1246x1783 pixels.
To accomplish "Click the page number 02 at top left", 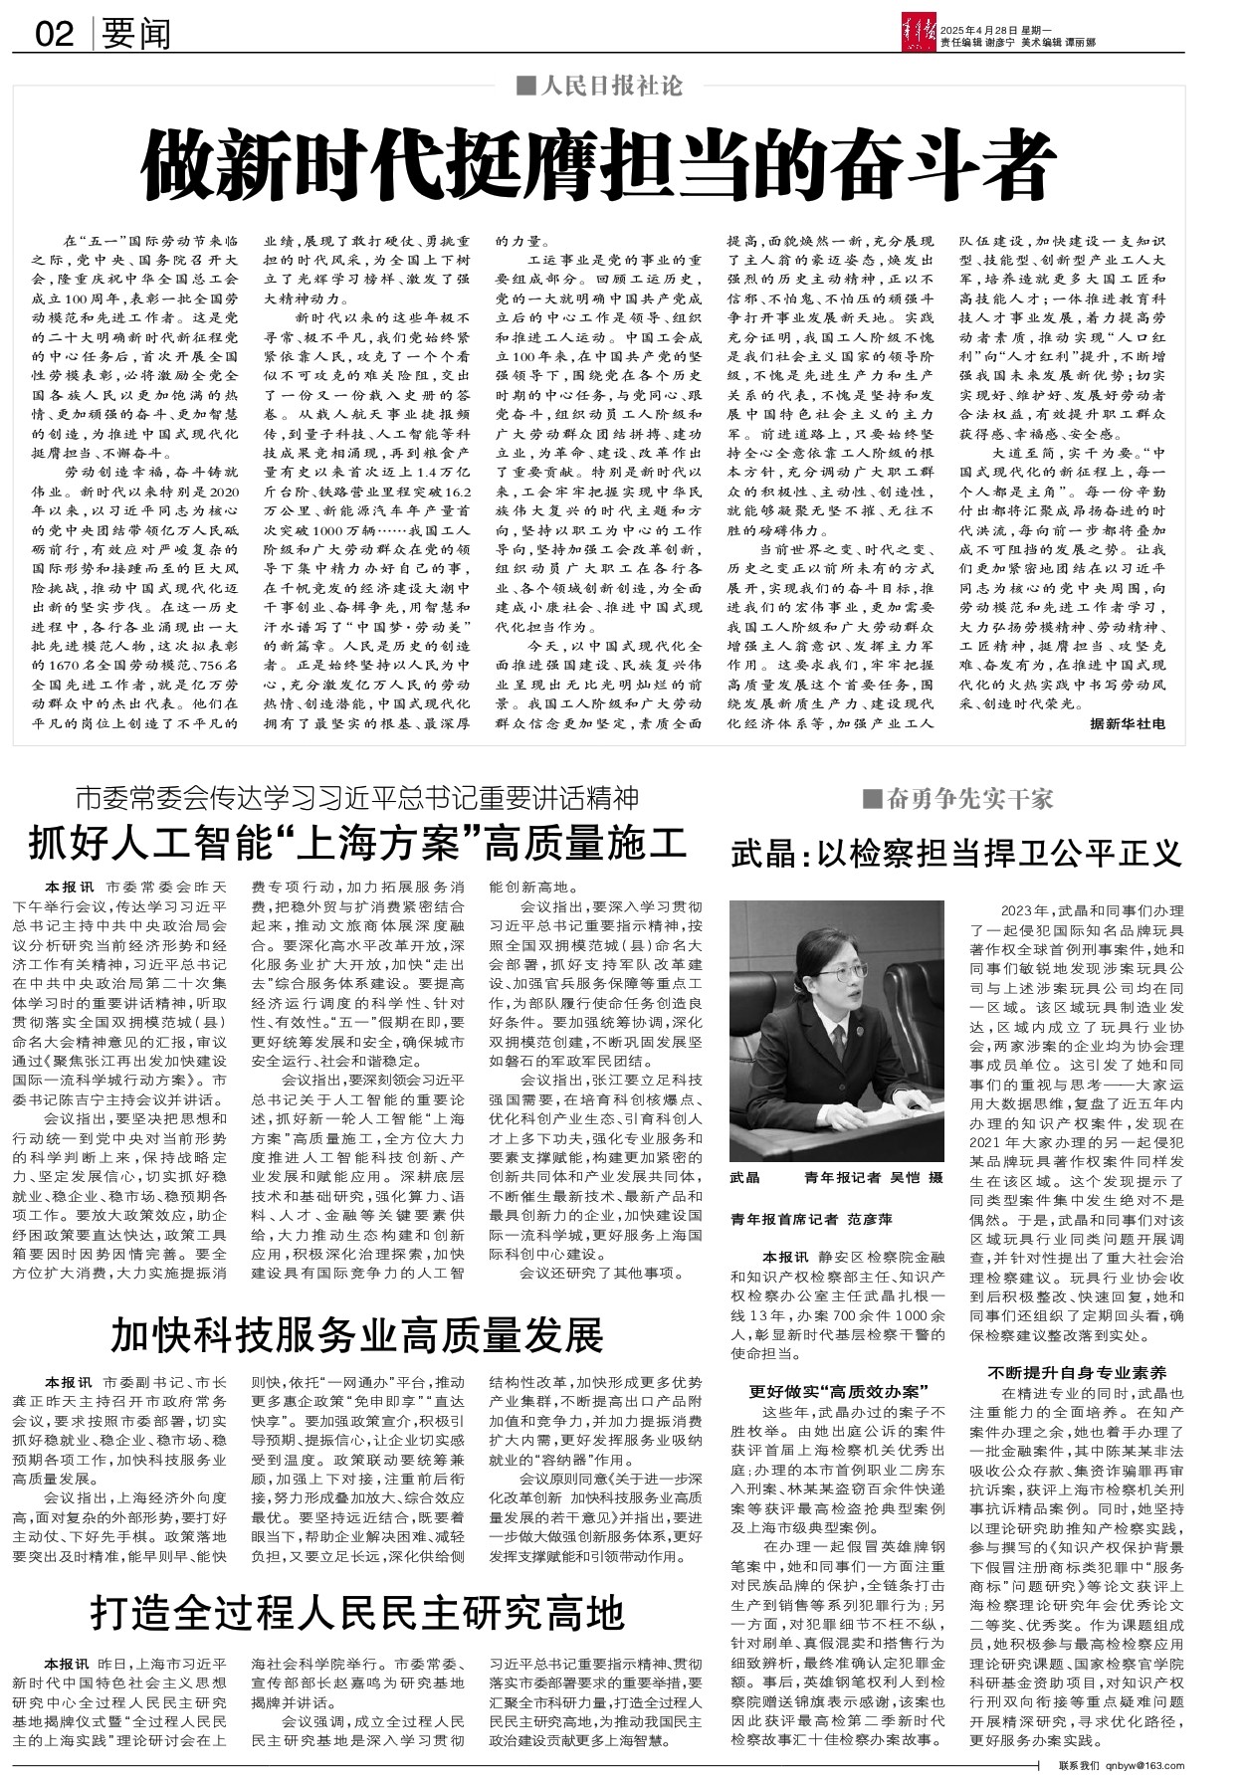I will click(55, 35).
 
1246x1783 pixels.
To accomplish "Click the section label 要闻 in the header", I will click(137, 35).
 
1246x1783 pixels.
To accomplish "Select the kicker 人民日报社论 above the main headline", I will click(599, 86).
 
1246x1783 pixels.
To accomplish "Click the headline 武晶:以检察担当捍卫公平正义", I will click(956, 852).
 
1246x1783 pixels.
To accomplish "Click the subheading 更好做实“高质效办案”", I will click(839, 1389).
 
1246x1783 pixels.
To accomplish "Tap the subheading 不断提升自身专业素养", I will click(1078, 1371).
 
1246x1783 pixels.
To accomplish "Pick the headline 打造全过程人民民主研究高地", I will click(357, 1613).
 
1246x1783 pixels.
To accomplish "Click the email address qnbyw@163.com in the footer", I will click(1145, 1765).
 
